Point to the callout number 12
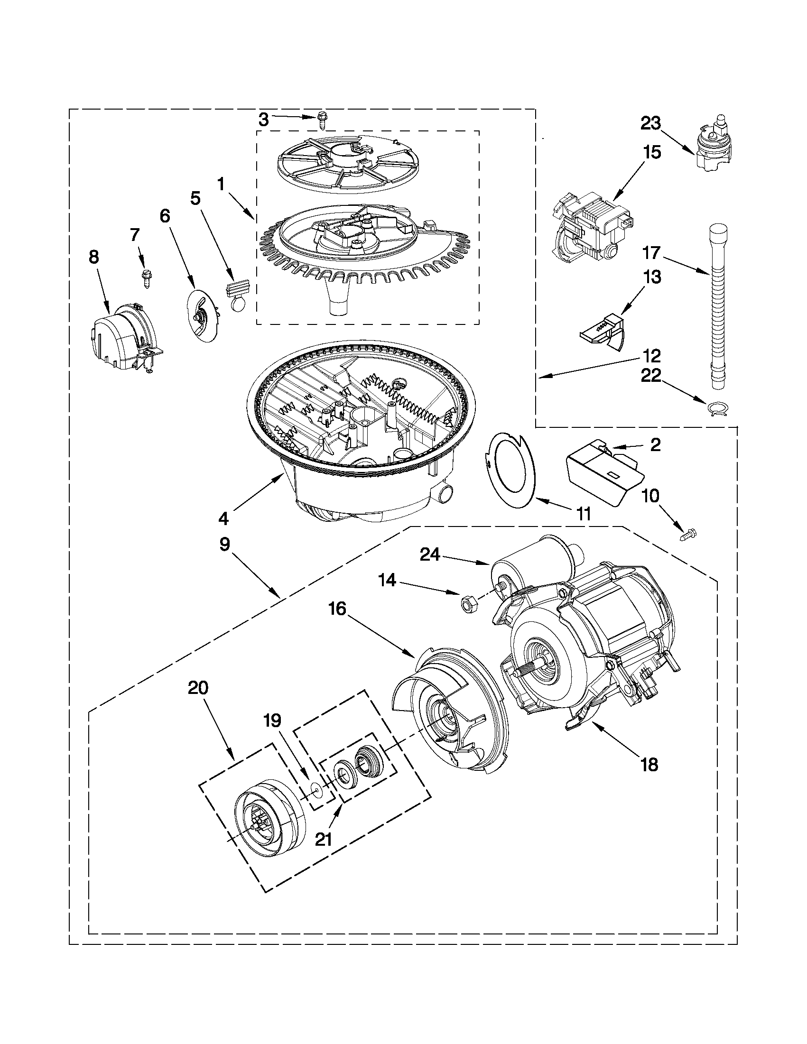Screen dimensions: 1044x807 coord(652,356)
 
